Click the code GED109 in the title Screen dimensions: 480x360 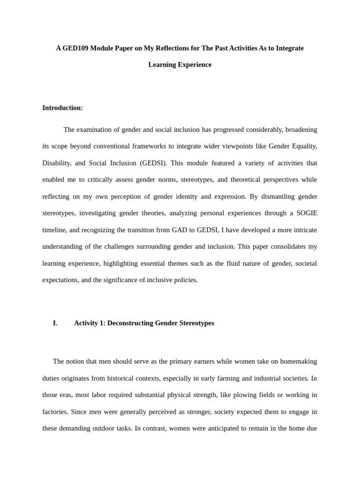(76, 48)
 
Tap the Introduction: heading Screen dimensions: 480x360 (62, 108)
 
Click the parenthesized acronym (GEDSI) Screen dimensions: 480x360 (153, 163)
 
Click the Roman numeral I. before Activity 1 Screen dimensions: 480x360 (55, 323)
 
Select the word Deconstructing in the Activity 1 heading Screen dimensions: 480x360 (129, 323)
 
